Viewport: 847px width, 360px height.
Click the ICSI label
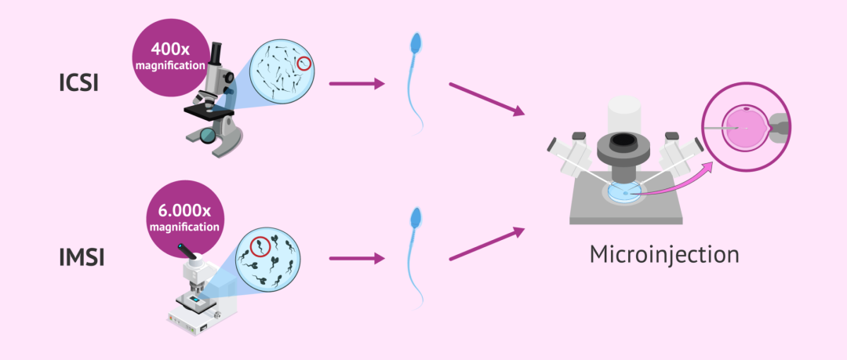(x=78, y=82)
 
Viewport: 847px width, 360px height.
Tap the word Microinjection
(x=664, y=255)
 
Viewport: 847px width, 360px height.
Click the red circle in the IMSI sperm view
(x=260, y=248)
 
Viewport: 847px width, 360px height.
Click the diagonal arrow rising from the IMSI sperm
(x=486, y=244)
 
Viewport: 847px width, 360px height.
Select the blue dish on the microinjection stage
(x=623, y=192)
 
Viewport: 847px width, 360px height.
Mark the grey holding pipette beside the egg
(x=781, y=125)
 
